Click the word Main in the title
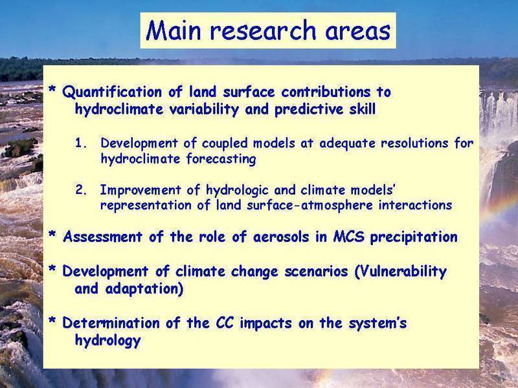tap(174, 30)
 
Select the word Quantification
tap(112, 92)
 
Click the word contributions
tap(326, 92)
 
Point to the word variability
tap(204, 109)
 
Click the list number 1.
tap(80, 143)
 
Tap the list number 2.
tap(80, 189)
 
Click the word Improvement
tap(141, 190)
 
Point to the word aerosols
tap(281, 237)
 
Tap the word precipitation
tap(414, 237)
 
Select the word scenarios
tap(316, 272)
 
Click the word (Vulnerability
tap(400, 272)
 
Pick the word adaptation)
tap(144, 289)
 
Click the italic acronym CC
tap(225, 323)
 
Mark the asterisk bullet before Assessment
tap(52, 235)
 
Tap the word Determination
tap(111, 323)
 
